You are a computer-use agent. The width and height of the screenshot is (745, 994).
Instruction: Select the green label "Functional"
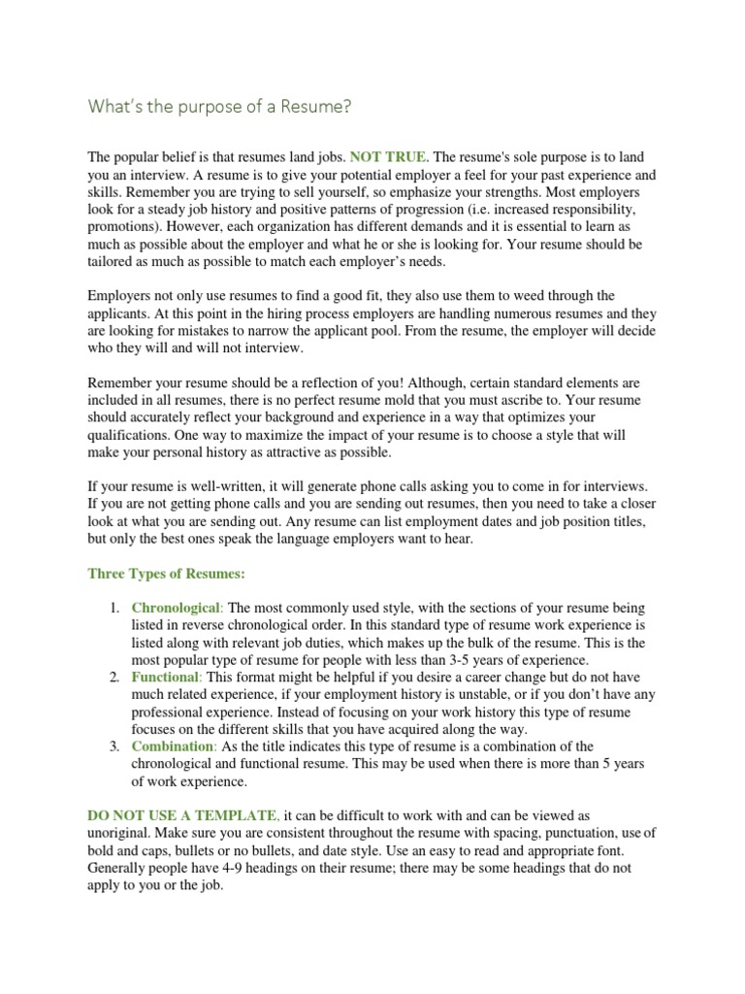tap(165, 675)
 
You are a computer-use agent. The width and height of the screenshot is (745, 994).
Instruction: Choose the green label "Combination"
tap(173, 745)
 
